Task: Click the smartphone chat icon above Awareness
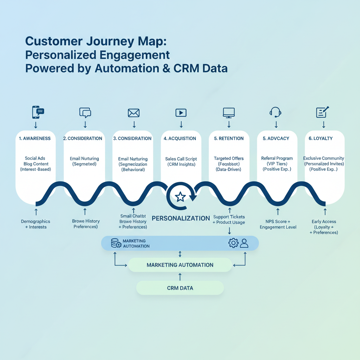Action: point(38,112)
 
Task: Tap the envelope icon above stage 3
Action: point(134,113)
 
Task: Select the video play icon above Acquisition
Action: point(181,112)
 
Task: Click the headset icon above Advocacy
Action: point(276,112)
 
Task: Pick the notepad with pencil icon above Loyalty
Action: point(322,112)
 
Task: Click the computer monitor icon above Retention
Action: point(229,112)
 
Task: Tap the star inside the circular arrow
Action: point(180,197)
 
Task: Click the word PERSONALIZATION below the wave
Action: point(181,218)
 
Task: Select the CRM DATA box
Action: point(180,288)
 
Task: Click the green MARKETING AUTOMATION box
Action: point(180,265)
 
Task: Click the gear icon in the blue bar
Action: point(233,243)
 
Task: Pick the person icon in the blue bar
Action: point(244,243)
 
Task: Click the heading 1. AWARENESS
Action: point(35,139)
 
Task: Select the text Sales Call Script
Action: point(181,159)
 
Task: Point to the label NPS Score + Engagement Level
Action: point(278,224)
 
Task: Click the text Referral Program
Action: point(277,159)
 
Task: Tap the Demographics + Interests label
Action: point(36,224)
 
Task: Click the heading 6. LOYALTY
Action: point(320,139)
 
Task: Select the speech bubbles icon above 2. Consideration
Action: point(85,112)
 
